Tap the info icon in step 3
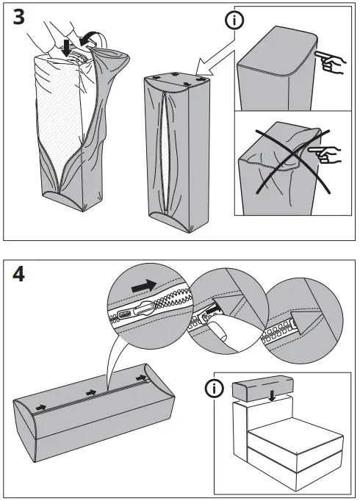[x=234, y=21]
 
